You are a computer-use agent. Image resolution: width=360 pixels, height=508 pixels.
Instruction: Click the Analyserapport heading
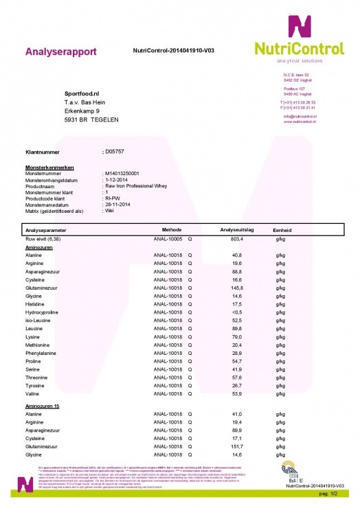(60, 51)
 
